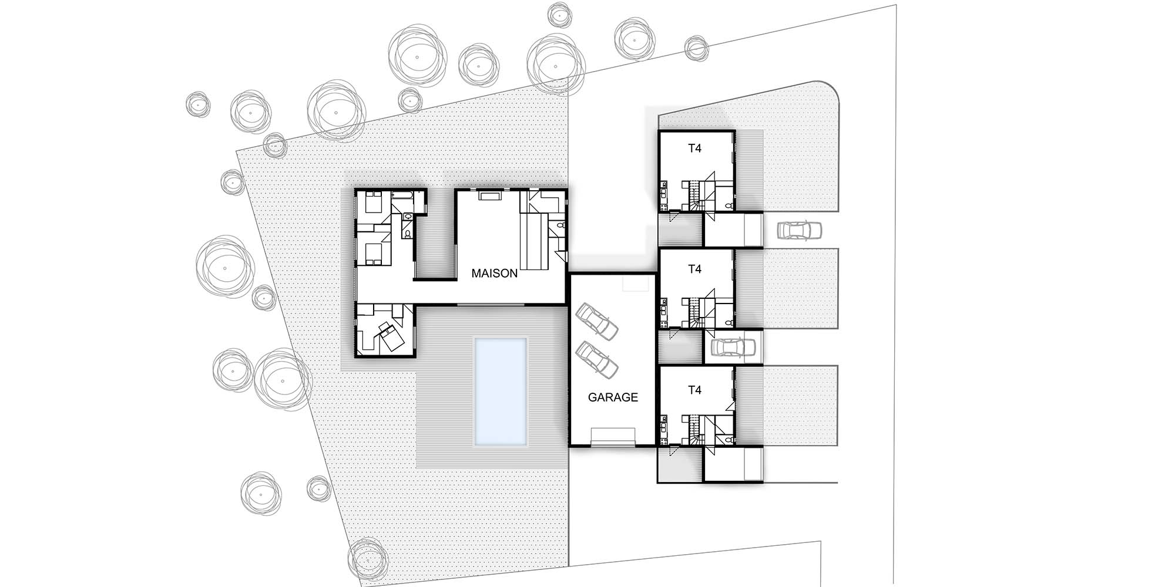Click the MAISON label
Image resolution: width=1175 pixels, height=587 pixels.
click(x=495, y=273)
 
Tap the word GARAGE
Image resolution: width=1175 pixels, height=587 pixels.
click(x=613, y=397)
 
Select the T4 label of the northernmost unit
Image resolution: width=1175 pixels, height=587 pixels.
click(x=694, y=149)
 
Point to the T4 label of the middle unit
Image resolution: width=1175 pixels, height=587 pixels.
click(x=694, y=269)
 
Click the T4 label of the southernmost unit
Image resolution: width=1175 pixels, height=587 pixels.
click(x=694, y=390)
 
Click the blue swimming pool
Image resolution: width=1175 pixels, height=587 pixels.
click(x=500, y=391)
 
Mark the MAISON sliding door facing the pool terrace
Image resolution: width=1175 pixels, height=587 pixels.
click(x=491, y=304)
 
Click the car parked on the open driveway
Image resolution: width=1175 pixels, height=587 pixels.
click(x=799, y=231)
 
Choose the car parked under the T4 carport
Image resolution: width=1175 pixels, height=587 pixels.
click(x=733, y=348)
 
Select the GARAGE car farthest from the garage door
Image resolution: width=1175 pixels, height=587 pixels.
click(x=597, y=321)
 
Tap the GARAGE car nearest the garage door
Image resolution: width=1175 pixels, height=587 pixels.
click(x=597, y=360)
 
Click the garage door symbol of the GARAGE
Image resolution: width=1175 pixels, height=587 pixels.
click(x=613, y=437)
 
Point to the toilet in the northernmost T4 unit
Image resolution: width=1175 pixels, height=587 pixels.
click(x=728, y=205)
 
